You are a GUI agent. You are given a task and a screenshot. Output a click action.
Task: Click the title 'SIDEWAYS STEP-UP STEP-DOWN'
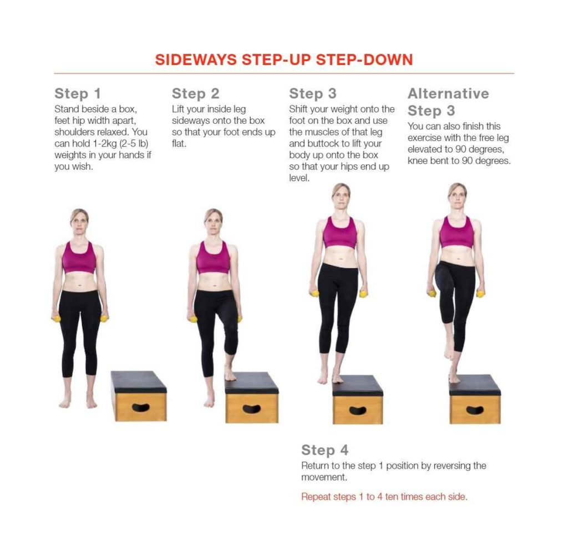(284, 60)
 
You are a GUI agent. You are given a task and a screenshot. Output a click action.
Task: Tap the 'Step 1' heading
(78, 93)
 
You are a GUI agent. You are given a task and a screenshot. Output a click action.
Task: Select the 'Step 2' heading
(196, 93)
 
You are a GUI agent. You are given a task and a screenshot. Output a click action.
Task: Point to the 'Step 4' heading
(325, 450)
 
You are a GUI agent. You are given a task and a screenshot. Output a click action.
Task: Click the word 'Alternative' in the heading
(448, 93)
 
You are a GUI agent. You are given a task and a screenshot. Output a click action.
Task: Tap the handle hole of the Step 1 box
(141, 408)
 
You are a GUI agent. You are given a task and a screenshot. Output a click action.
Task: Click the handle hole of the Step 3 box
(358, 410)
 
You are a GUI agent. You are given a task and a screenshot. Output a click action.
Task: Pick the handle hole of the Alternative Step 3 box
(475, 410)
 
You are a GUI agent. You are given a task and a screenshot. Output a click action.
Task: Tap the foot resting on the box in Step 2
(230, 373)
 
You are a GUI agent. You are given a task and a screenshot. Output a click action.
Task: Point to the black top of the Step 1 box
(138, 381)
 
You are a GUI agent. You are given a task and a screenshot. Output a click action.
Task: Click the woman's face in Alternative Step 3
(457, 195)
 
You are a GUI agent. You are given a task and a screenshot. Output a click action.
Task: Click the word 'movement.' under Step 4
(324, 477)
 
